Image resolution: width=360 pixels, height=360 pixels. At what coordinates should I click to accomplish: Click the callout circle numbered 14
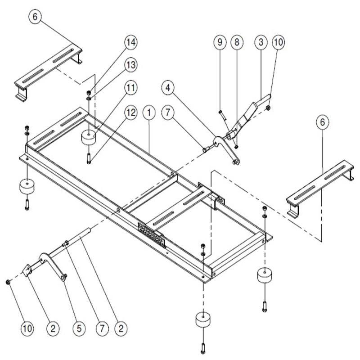(x=131, y=42)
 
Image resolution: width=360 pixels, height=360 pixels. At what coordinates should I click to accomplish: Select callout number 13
(x=131, y=65)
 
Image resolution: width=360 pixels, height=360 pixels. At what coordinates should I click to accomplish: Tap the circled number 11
(x=131, y=88)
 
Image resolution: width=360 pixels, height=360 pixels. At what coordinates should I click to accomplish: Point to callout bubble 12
(x=131, y=112)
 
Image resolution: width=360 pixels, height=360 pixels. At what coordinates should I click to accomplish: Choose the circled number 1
(x=149, y=112)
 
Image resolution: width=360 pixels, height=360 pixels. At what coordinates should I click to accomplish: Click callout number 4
(x=168, y=88)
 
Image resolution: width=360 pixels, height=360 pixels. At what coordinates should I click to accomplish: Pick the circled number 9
(x=220, y=42)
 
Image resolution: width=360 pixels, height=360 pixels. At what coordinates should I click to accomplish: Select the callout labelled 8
(x=237, y=42)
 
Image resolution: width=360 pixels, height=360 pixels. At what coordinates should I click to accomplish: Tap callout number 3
(x=261, y=42)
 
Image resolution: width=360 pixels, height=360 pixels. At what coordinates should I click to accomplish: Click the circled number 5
(x=79, y=328)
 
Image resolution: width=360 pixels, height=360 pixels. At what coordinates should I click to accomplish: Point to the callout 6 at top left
(x=35, y=17)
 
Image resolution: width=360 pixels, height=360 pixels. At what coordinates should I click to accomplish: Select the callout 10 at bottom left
(x=27, y=328)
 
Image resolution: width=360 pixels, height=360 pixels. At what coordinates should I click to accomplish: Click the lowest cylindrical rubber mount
(x=203, y=319)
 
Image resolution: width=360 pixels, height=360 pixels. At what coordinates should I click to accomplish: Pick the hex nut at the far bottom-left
(x=8, y=282)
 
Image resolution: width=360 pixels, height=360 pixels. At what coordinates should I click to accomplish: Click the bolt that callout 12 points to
(x=89, y=159)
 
